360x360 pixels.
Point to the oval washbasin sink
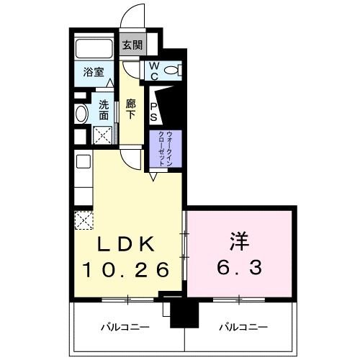pyautogui.click(x=81, y=113)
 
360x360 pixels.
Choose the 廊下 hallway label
pyautogui.click(x=130, y=108)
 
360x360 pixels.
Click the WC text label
pyautogui.click(x=153, y=70)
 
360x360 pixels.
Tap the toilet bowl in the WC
pyautogui.click(x=172, y=71)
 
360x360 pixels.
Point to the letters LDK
pyautogui.click(x=126, y=243)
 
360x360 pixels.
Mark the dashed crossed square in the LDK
pyautogui.click(x=81, y=218)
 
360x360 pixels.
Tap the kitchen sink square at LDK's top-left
pyautogui.click(x=81, y=161)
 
